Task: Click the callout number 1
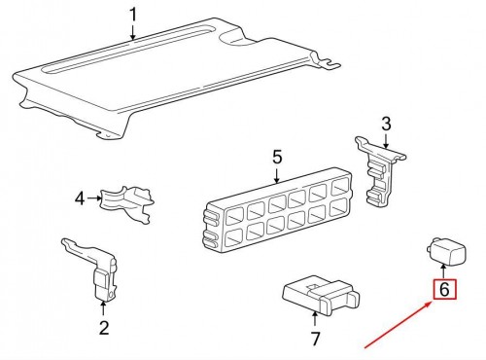click(133, 15)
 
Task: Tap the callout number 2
click(104, 328)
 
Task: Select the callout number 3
click(386, 125)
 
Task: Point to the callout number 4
click(80, 198)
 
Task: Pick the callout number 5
click(277, 157)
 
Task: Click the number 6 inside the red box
click(445, 289)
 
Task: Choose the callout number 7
click(315, 339)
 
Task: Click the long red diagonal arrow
click(399, 325)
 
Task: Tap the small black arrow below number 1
click(133, 32)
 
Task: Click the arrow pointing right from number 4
click(94, 198)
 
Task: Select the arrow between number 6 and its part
click(444, 270)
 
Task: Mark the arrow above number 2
click(103, 307)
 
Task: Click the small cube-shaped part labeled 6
click(446, 250)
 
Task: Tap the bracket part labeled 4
click(127, 203)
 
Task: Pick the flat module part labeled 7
click(321, 295)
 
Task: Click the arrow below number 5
click(277, 175)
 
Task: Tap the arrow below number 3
click(386, 141)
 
